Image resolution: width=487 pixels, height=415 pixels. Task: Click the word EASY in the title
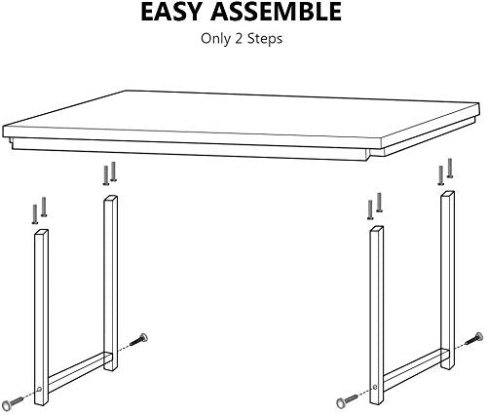171,12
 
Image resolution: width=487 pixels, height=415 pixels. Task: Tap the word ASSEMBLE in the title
276,12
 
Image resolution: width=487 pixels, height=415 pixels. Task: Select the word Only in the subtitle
215,39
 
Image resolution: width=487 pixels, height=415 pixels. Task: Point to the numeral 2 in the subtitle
239,39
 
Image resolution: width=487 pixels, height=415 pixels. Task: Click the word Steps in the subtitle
265,39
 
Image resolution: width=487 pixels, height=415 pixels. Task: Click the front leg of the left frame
41,318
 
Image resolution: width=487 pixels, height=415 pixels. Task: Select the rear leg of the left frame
110,283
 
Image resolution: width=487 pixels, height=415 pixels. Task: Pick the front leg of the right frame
377,315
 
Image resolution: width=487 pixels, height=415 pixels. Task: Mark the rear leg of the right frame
447,280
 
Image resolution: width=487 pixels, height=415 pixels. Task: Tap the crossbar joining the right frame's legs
412,368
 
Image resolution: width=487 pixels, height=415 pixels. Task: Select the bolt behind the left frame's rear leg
139,340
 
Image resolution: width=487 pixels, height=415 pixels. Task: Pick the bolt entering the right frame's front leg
348,400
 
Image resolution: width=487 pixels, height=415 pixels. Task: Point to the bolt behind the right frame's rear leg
474,339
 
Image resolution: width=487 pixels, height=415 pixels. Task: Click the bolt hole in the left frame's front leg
40,389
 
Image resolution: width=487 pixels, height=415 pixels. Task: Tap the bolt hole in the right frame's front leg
375,387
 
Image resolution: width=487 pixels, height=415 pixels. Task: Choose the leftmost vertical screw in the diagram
35,214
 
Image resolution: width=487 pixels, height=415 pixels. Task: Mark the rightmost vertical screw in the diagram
450,168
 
